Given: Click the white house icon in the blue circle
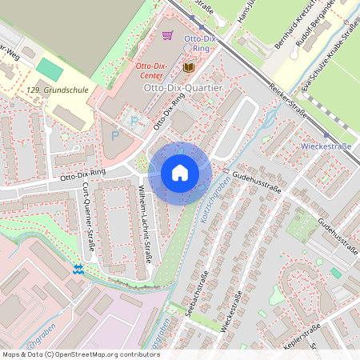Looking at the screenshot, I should coord(180,173).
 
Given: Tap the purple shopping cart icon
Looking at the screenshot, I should coord(167,35).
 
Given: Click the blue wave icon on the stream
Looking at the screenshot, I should coord(78,269).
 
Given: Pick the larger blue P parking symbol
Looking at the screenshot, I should coord(114,136).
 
